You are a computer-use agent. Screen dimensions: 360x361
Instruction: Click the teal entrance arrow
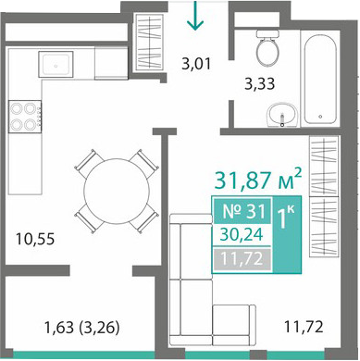click(195, 16)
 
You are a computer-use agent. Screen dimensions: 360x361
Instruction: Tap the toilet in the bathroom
click(267, 48)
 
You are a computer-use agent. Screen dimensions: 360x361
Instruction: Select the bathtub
click(320, 79)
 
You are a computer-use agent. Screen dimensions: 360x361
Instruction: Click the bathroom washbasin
click(282, 115)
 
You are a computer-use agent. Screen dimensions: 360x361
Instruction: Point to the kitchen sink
click(56, 64)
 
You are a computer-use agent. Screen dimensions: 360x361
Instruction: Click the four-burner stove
click(25, 117)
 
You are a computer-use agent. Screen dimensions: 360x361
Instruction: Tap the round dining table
click(117, 192)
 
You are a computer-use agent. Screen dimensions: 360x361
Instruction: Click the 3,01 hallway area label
click(196, 64)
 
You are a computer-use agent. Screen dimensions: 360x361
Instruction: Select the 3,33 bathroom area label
click(259, 83)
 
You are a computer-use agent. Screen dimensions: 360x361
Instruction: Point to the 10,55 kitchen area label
click(35, 239)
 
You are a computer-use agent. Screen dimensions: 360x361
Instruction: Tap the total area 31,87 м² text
click(257, 180)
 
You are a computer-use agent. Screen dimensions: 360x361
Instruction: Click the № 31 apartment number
click(243, 212)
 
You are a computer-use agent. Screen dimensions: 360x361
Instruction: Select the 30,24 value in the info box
click(242, 234)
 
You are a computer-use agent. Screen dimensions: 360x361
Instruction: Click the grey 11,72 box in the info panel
click(242, 258)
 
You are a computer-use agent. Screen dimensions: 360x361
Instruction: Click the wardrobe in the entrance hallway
click(150, 42)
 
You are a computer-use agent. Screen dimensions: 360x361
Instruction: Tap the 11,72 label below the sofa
click(304, 327)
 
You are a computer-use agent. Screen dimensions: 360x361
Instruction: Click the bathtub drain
click(320, 117)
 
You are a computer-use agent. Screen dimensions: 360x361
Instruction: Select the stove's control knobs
click(39, 117)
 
